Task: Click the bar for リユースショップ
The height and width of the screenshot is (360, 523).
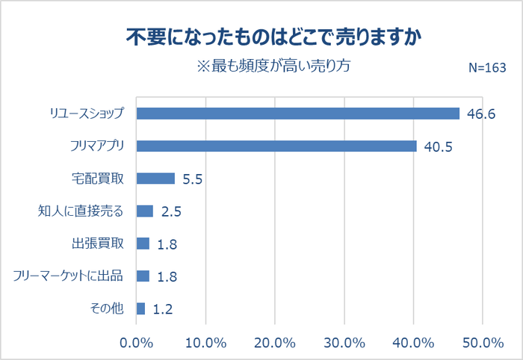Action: pos(297,114)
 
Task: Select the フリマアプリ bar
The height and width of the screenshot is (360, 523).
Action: pos(276,146)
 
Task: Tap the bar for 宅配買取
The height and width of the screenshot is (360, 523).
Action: pos(155,179)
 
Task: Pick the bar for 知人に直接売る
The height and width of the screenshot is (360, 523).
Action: pos(145,211)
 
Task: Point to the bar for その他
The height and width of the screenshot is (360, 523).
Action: pos(140,308)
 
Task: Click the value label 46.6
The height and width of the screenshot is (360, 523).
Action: pos(480,114)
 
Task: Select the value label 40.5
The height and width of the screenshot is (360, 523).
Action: pos(439,146)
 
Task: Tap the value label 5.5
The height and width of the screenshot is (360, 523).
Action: pos(193,179)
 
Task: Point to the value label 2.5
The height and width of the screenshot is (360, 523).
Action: pos(171,211)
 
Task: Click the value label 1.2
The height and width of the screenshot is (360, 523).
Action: pos(163,309)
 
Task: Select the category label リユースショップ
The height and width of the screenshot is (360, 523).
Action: pos(86,114)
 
